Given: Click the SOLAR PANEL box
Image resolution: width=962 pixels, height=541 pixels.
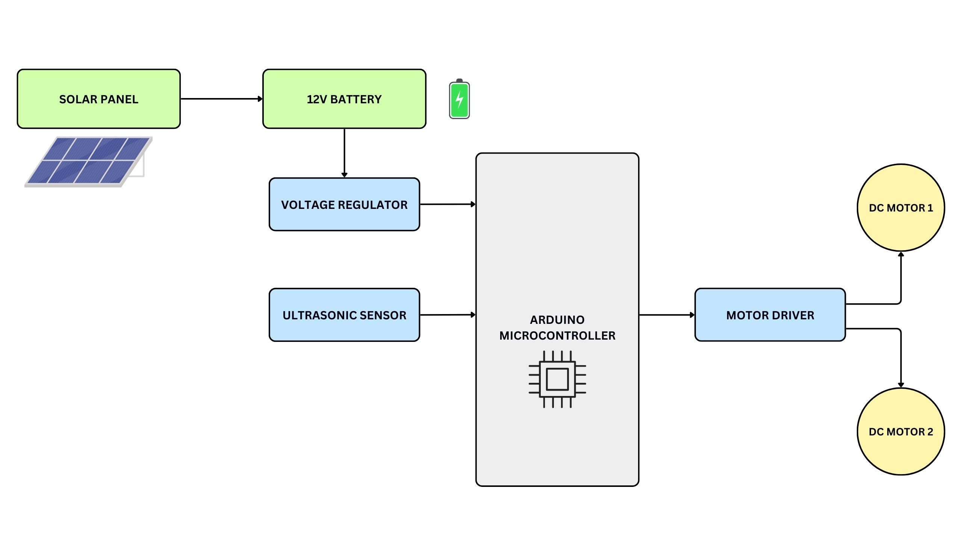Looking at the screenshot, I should (x=98, y=99).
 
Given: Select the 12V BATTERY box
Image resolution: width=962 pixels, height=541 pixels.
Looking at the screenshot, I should (x=344, y=99).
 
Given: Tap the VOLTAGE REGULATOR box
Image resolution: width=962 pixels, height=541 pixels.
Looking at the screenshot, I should (x=344, y=204).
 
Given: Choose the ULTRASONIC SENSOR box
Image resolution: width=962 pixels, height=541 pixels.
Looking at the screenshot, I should (x=344, y=315).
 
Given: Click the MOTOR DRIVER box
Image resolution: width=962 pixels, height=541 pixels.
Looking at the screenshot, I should (x=770, y=315).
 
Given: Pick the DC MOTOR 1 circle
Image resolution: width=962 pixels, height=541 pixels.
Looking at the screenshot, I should (x=901, y=208).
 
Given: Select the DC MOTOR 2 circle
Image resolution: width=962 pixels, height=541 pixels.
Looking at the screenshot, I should (x=901, y=431).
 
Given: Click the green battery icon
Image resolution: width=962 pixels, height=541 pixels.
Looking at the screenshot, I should (x=459, y=99).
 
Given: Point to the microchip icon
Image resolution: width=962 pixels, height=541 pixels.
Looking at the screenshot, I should (x=557, y=379).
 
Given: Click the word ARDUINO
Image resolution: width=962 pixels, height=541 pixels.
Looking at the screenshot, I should (x=557, y=320).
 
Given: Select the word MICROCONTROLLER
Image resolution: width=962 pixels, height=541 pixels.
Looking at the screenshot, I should (x=557, y=335).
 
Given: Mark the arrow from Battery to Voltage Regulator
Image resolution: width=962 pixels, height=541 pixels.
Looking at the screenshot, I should (x=344, y=152).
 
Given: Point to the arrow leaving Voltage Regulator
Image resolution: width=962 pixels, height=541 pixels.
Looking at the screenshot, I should (x=447, y=204).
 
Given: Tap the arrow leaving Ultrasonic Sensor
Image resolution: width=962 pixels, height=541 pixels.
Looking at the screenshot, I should (x=447, y=315).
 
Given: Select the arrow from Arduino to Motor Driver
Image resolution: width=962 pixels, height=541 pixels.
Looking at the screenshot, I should (x=667, y=315).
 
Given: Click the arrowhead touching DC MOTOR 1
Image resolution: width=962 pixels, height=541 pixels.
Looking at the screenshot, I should (x=901, y=255).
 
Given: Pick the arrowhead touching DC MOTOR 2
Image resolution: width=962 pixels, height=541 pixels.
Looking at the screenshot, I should (x=901, y=385).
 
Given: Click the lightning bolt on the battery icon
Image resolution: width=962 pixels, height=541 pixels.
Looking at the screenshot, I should (x=459, y=100).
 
